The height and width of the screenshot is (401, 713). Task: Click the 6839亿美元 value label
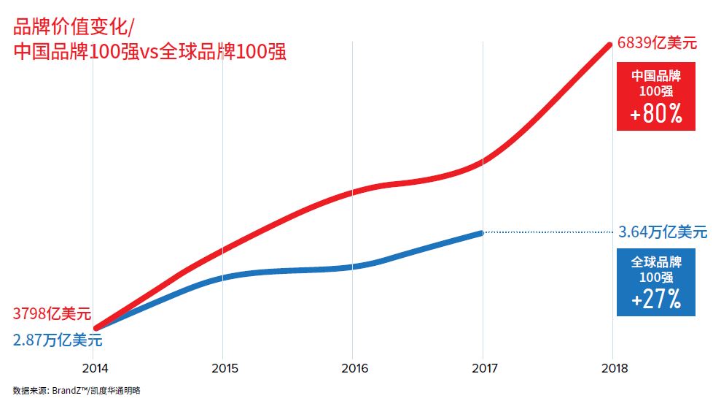pyautogui.click(x=656, y=43)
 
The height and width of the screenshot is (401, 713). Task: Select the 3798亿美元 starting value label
pyautogui.click(x=52, y=315)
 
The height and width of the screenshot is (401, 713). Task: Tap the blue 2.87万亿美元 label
pyautogui.click(x=58, y=340)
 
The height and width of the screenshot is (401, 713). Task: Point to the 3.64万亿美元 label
pyautogui.click(x=663, y=232)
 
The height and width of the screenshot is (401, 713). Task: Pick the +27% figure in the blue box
pyautogui.click(x=655, y=299)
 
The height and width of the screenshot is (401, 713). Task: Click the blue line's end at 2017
pyautogui.click(x=481, y=233)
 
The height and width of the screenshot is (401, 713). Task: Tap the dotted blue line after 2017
pyautogui.click(x=547, y=232)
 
